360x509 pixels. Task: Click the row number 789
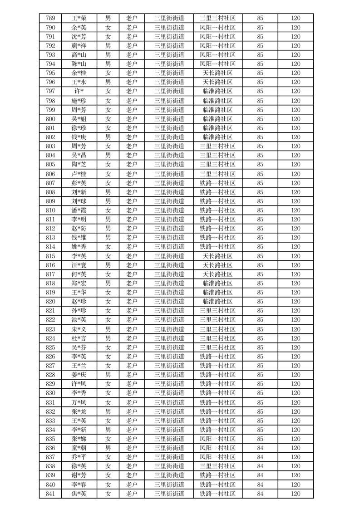pos(51,18)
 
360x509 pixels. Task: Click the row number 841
pos(51,494)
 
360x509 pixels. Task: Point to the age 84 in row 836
pos(260,448)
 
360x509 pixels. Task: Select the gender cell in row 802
pos(108,137)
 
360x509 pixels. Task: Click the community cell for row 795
pos(217,73)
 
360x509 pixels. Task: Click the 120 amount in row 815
pos(296,256)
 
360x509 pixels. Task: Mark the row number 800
pos(51,119)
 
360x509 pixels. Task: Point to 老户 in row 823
pos(132,329)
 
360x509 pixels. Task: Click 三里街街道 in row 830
pos(169,393)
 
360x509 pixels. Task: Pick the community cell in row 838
pos(217,466)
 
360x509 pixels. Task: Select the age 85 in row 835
pos(260,439)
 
